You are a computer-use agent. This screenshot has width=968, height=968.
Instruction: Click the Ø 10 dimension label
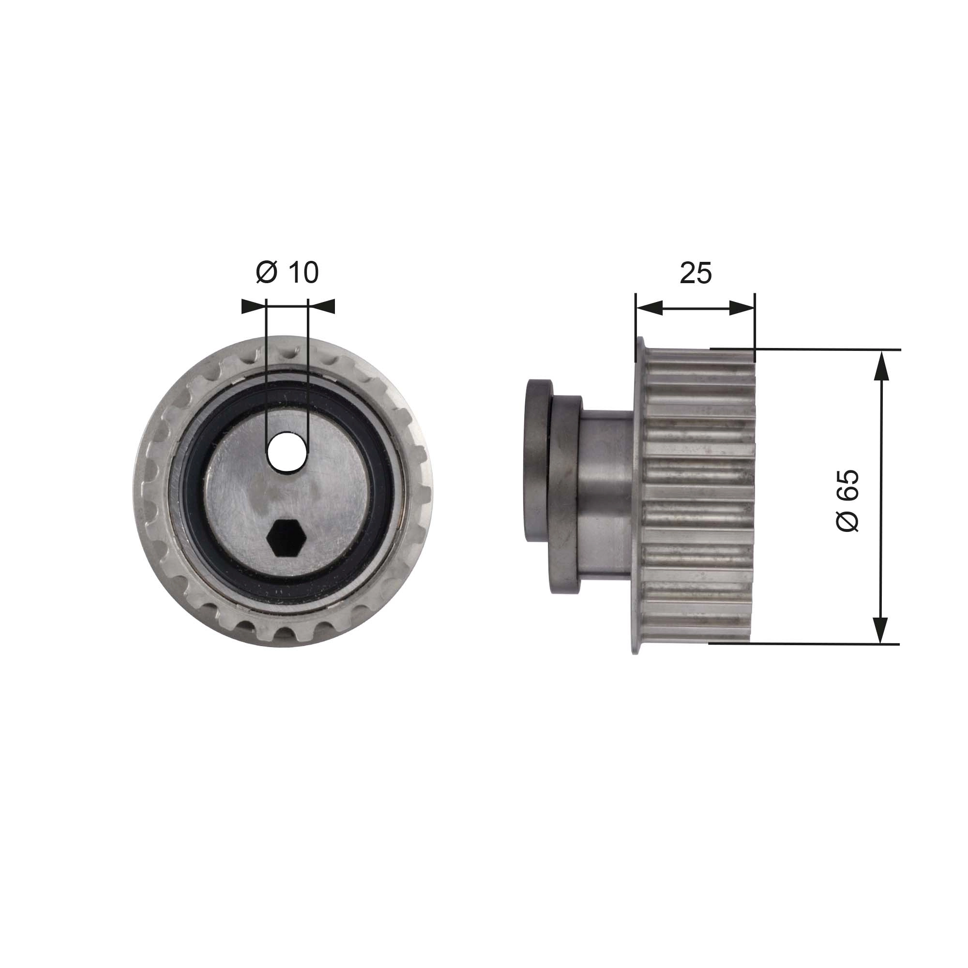pos(287,272)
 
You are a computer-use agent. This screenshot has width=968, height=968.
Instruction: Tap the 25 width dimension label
pos(696,273)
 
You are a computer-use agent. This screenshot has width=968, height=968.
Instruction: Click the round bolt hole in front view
pos(287,451)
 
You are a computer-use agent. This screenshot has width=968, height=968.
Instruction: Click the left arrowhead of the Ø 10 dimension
pos(254,307)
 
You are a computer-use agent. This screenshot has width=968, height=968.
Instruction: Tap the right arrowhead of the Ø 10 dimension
pos(322,307)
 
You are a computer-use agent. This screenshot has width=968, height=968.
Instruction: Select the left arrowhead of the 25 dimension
pos(649,308)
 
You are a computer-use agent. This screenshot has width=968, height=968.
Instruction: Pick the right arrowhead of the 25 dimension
pos(741,308)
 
